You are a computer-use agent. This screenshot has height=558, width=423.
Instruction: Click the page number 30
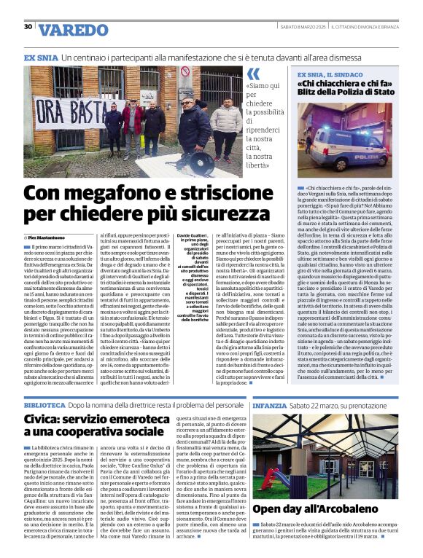pos(28,27)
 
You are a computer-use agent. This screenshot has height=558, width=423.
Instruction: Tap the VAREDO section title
pos(72,30)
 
